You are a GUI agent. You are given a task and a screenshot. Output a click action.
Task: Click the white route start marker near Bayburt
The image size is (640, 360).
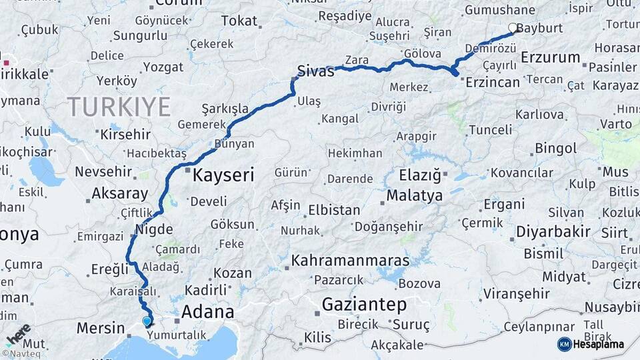[513, 28]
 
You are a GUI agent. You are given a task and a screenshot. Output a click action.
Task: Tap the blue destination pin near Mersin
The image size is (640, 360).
[147, 322]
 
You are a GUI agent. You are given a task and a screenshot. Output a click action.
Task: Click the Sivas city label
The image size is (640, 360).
[315, 71]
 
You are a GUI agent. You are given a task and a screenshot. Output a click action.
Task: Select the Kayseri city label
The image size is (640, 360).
[223, 175]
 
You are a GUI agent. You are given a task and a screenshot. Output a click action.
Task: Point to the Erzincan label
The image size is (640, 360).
[493, 82]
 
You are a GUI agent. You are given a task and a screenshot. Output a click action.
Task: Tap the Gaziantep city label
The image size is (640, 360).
[364, 305]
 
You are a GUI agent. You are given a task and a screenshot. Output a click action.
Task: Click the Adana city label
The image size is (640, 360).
[208, 312]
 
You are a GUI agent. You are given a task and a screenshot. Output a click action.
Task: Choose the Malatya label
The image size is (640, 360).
[414, 196]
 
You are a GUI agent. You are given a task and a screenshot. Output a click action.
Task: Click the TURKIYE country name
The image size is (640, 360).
[119, 107]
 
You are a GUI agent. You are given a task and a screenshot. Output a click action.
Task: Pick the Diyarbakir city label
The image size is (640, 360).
[553, 232]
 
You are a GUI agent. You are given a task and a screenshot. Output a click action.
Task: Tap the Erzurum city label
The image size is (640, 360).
[550, 57]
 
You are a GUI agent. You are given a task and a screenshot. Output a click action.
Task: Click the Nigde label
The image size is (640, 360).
[154, 230]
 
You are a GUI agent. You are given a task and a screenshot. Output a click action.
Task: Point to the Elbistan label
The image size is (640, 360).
[334, 210]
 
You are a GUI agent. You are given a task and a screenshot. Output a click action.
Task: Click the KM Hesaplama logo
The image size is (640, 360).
[591, 344]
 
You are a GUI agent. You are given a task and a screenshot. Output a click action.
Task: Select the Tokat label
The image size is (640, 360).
[239, 21]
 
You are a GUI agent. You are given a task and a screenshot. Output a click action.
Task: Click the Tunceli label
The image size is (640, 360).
[490, 129]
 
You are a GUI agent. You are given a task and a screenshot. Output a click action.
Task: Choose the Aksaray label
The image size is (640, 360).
[120, 194]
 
